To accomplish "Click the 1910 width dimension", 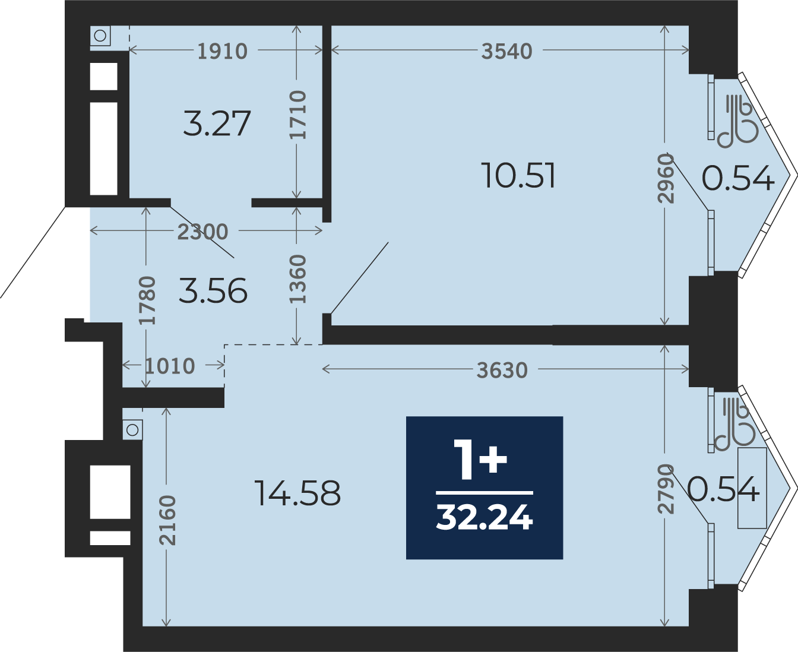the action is pos(223,51).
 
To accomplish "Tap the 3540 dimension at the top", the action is pos(506,51).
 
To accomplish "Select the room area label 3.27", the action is pos(217,124).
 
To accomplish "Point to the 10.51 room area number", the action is pos(519,175).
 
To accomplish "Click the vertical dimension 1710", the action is pos(298,115).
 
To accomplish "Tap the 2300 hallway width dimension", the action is pos(203,232).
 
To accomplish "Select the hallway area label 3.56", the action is pos(213,290).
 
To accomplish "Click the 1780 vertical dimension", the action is pos(147,301).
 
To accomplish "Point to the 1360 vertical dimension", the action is pos(297,279).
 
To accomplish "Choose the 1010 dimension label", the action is pos(170,366).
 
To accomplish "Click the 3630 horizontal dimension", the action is pos(502,370).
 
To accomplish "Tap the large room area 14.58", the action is pos(298,493).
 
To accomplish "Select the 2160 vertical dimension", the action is pos(167,520).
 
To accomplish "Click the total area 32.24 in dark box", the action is pos(484,518).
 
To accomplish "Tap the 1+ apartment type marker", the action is pos(480,460).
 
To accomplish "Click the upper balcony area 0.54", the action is pos(738,178).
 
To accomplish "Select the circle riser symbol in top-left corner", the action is pos(100,36).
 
